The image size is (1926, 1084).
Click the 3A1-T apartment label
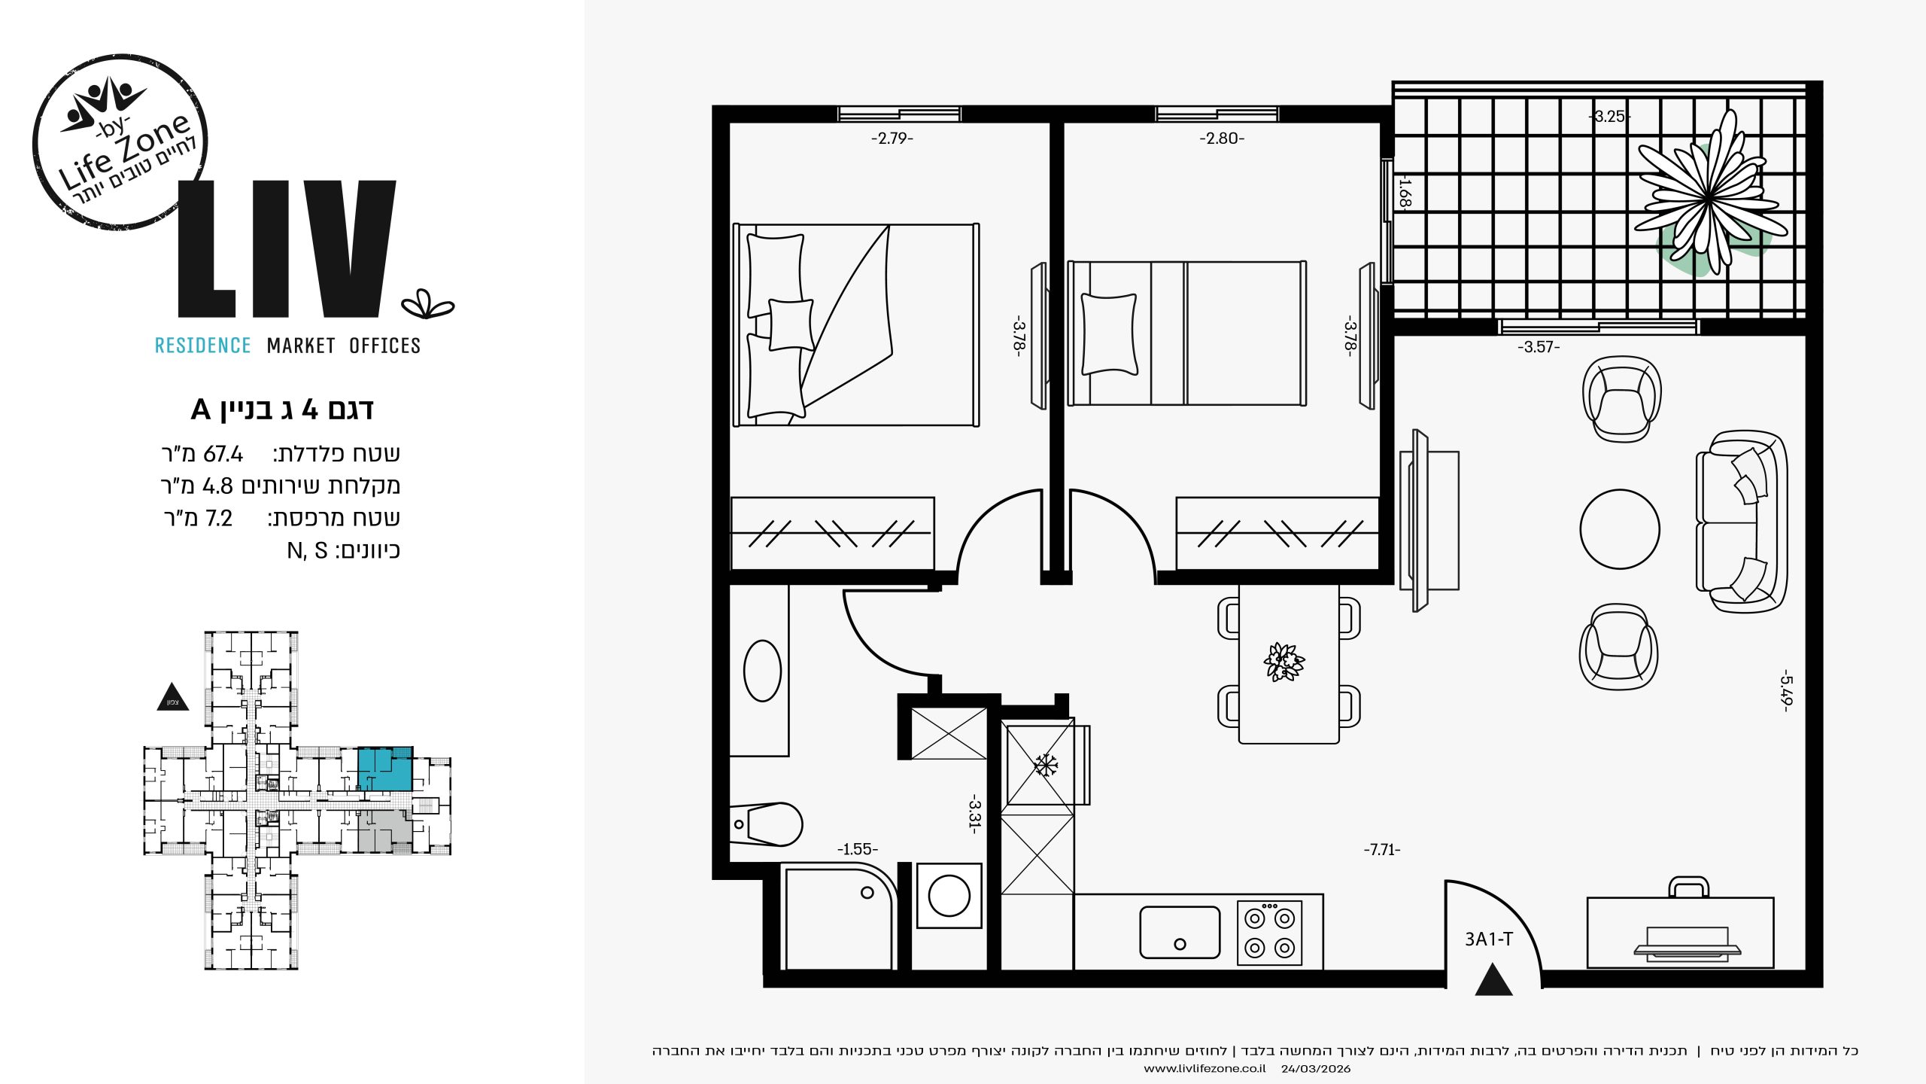click(x=1488, y=939)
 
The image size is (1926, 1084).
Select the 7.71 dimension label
click(x=1382, y=850)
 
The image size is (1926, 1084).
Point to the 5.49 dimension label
click(x=1787, y=690)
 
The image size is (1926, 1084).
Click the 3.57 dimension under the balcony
click(x=1539, y=347)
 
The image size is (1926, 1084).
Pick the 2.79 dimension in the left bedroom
click(x=892, y=139)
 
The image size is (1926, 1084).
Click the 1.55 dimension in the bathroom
click(x=858, y=850)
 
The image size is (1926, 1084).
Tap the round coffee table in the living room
click(x=1620, y=529)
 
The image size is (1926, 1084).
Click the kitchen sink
click(x=1180, y=932)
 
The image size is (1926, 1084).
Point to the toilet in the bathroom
click(x=767, y=824)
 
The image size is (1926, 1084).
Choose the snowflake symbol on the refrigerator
click(x=1045, y=766)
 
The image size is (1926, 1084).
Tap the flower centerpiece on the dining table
click(x=1284, y=662)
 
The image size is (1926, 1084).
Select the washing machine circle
click(x=949, y=896)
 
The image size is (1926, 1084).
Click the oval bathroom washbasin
click(x=762, y=671)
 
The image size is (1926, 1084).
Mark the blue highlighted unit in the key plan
click(x=384, y=769)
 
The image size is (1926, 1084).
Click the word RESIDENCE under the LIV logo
click(x=202, y=346)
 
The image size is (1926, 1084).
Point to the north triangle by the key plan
click(x=172, y=697)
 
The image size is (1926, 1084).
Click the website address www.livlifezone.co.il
click(x=1205, y=1069)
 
